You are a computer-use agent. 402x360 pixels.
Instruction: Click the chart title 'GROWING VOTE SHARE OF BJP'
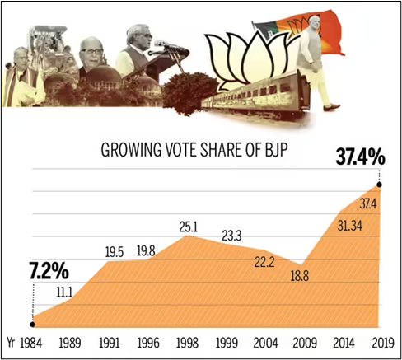(x=198, y=151)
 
